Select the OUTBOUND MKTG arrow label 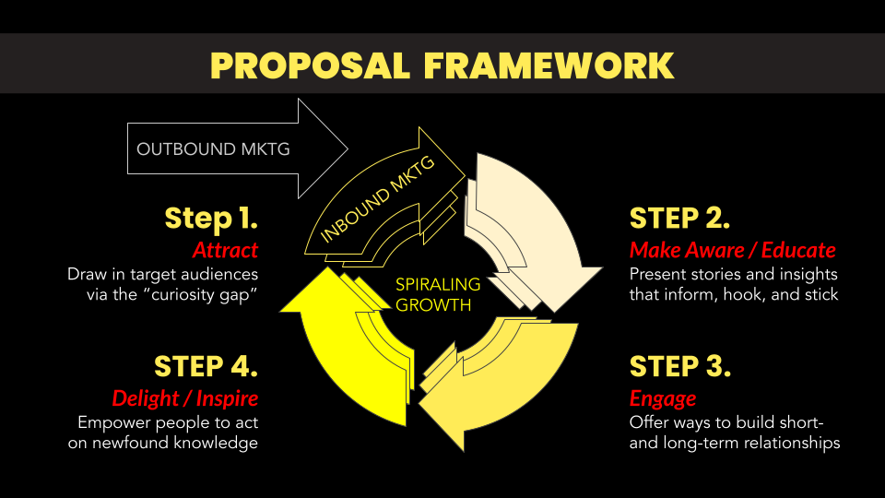click(x=213, y=148)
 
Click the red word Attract click(x=225, y=250)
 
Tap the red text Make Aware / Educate click(x=732, y=250)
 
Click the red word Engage click(x=662, y=398)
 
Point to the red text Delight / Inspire click(x=184, y=398)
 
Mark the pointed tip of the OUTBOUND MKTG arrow click(x=347, y=148)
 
